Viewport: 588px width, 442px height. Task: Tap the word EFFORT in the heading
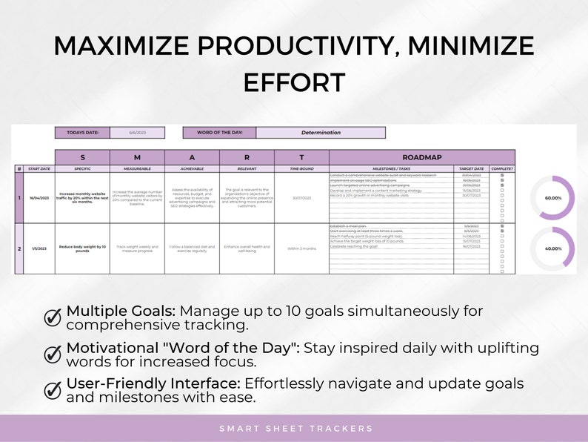(x=294, y=82)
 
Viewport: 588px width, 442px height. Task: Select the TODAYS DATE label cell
(x=82, y=133)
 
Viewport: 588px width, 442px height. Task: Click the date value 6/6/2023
(x=137, y=133)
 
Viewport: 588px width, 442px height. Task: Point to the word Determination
(x=321, y=133)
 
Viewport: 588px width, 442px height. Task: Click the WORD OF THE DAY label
(x=219, y=133)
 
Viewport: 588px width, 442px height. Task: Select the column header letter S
(x=82, y=157)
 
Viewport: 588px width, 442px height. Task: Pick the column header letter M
(x=137, y=157)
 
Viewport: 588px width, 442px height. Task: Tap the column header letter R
(x=247, y=157)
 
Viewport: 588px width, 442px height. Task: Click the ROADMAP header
(x=422, y=157)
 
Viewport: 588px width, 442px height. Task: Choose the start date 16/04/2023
(x=39, y=197)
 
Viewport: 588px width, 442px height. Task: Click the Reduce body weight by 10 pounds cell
(x=82, y=248)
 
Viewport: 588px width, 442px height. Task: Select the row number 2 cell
(x=19, y=248)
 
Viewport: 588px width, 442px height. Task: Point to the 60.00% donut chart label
(x=552, y=198)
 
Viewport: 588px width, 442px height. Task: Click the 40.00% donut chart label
(x=552, y=249)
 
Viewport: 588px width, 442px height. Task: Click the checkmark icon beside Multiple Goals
(x=53, y=317)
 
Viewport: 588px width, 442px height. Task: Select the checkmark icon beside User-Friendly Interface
(x=53, y=390)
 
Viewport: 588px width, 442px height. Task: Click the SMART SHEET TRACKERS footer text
(x=295, y=429)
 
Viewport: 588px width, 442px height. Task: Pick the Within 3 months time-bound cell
(x=301, y=248)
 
